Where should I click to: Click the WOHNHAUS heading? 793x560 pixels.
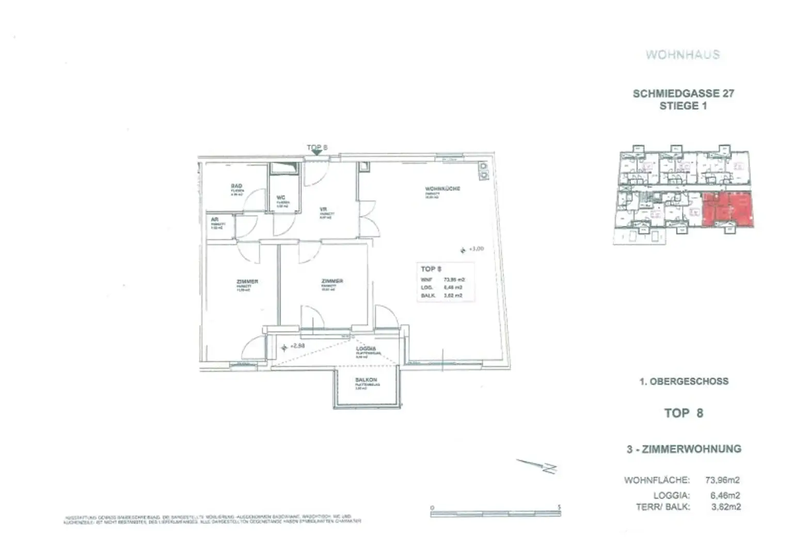point(683,55)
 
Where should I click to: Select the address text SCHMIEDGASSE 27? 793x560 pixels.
point(683,93)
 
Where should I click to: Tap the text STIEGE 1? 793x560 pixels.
point(683,106)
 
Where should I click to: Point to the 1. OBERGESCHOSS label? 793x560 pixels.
point(684,381)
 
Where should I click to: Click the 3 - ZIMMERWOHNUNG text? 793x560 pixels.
point(684,449)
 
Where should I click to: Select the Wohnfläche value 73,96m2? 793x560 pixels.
point(722,480)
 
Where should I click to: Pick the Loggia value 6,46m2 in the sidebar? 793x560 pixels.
point(725,495)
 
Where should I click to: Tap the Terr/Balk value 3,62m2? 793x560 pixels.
point(725,507)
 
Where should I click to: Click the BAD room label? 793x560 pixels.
point(236,186)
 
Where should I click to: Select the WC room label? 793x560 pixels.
point(281,198)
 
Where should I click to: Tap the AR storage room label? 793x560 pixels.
point(215,220)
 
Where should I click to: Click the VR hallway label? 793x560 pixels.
point(323,210)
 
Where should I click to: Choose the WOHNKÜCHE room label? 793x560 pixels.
point(442,189)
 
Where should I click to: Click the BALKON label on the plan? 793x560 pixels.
point(366,380)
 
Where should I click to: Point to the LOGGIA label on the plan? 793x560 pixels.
point(366,349)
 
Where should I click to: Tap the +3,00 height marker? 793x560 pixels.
point(476,249)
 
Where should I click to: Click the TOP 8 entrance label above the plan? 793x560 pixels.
point(317,148)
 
